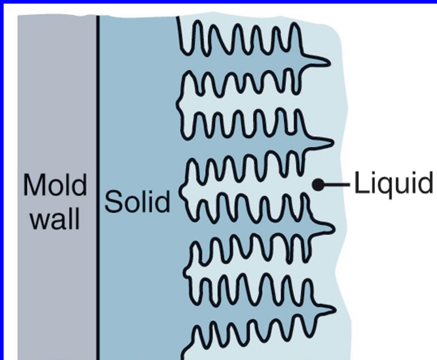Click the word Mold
click(x=55, y=185)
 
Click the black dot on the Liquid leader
click(x=317, y=185)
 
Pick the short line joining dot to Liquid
click(x=337, y=185)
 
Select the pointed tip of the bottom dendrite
click(x=335, y=310)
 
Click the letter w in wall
click(x=39, y=220)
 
